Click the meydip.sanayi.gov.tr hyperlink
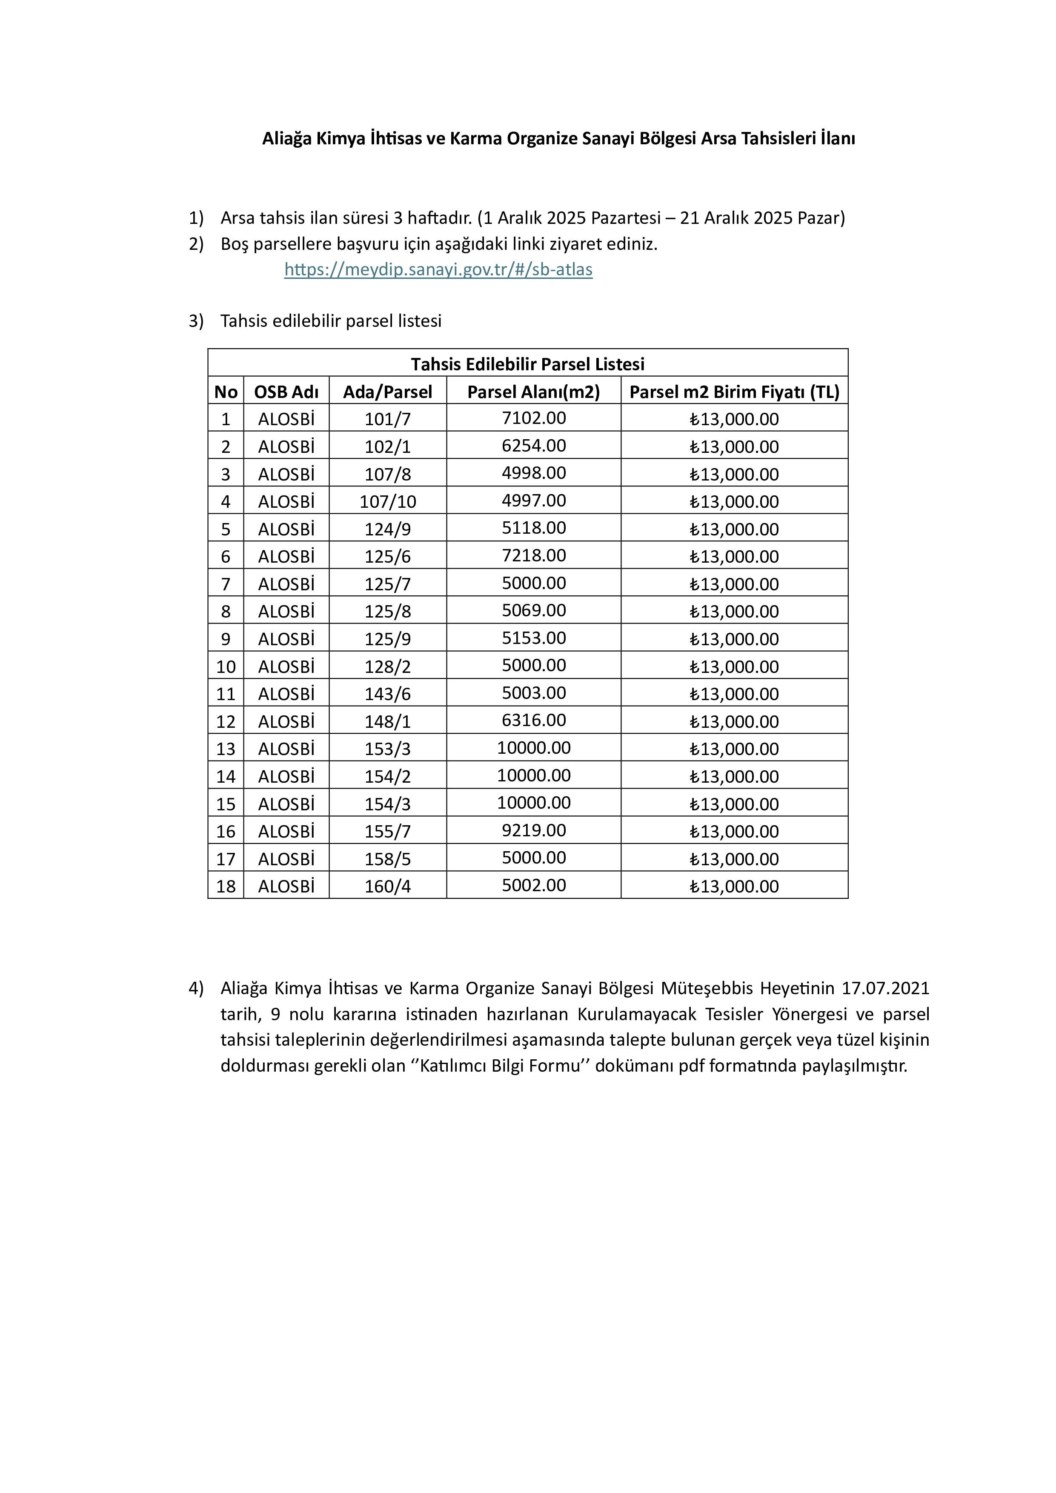coord(438,269)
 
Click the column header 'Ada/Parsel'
coord(388,392)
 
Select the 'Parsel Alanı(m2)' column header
coord(533,392)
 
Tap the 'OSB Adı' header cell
coord(286,392)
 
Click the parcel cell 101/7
coord(388,419)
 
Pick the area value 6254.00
coord(533,446)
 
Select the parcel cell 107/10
coord(388,501)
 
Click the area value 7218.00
coord(533,555)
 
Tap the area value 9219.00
coord(533,830)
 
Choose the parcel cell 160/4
coord(388,886)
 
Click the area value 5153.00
coord(533,638)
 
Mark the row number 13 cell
coord(226,749)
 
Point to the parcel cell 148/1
coord(388,721)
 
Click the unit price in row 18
coord(734,886)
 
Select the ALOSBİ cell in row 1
coord(286,419)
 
